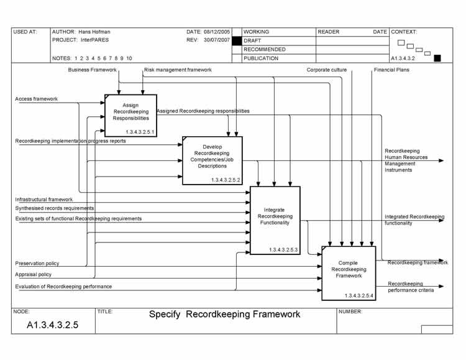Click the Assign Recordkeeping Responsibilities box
click(130, 115)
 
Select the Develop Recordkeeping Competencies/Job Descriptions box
click(212, 160)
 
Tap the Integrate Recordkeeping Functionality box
click(274, 220)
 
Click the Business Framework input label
click(93, 70)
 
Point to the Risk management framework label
click(178, 70)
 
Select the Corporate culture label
click(326, 70)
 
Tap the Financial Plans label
click(391, 70)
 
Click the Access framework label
click(36, 99)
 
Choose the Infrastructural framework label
click(43, 200)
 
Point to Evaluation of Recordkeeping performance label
click(63, 287)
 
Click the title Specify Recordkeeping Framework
click(224, 315)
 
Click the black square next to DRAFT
click(236, 40)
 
